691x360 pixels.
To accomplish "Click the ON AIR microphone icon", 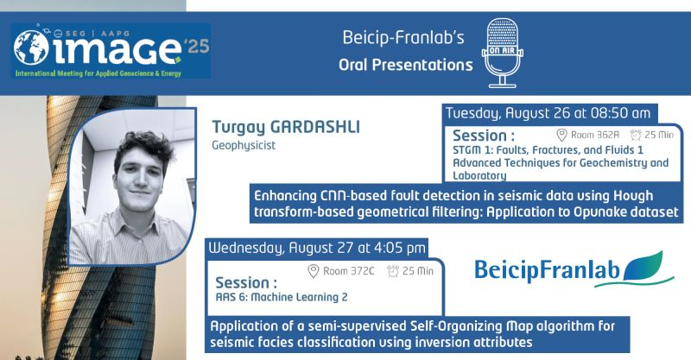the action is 503,53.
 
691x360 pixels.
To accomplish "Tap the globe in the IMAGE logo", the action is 31,47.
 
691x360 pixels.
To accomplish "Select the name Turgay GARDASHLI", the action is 286,127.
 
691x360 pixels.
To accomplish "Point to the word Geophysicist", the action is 244,145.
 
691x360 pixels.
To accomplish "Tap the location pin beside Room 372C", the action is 313,271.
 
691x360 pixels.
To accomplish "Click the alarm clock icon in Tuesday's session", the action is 636,135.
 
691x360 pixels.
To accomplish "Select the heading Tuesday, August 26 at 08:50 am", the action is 548,113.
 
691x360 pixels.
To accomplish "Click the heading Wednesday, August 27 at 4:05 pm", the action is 317,248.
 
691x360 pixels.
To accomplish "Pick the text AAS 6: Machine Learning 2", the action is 282,298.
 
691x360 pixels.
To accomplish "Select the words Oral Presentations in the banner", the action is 405,66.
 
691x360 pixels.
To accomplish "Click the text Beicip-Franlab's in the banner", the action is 403,37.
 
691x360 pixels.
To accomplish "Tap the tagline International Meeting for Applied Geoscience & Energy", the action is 98,73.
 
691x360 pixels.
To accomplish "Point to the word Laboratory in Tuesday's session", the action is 479,176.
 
